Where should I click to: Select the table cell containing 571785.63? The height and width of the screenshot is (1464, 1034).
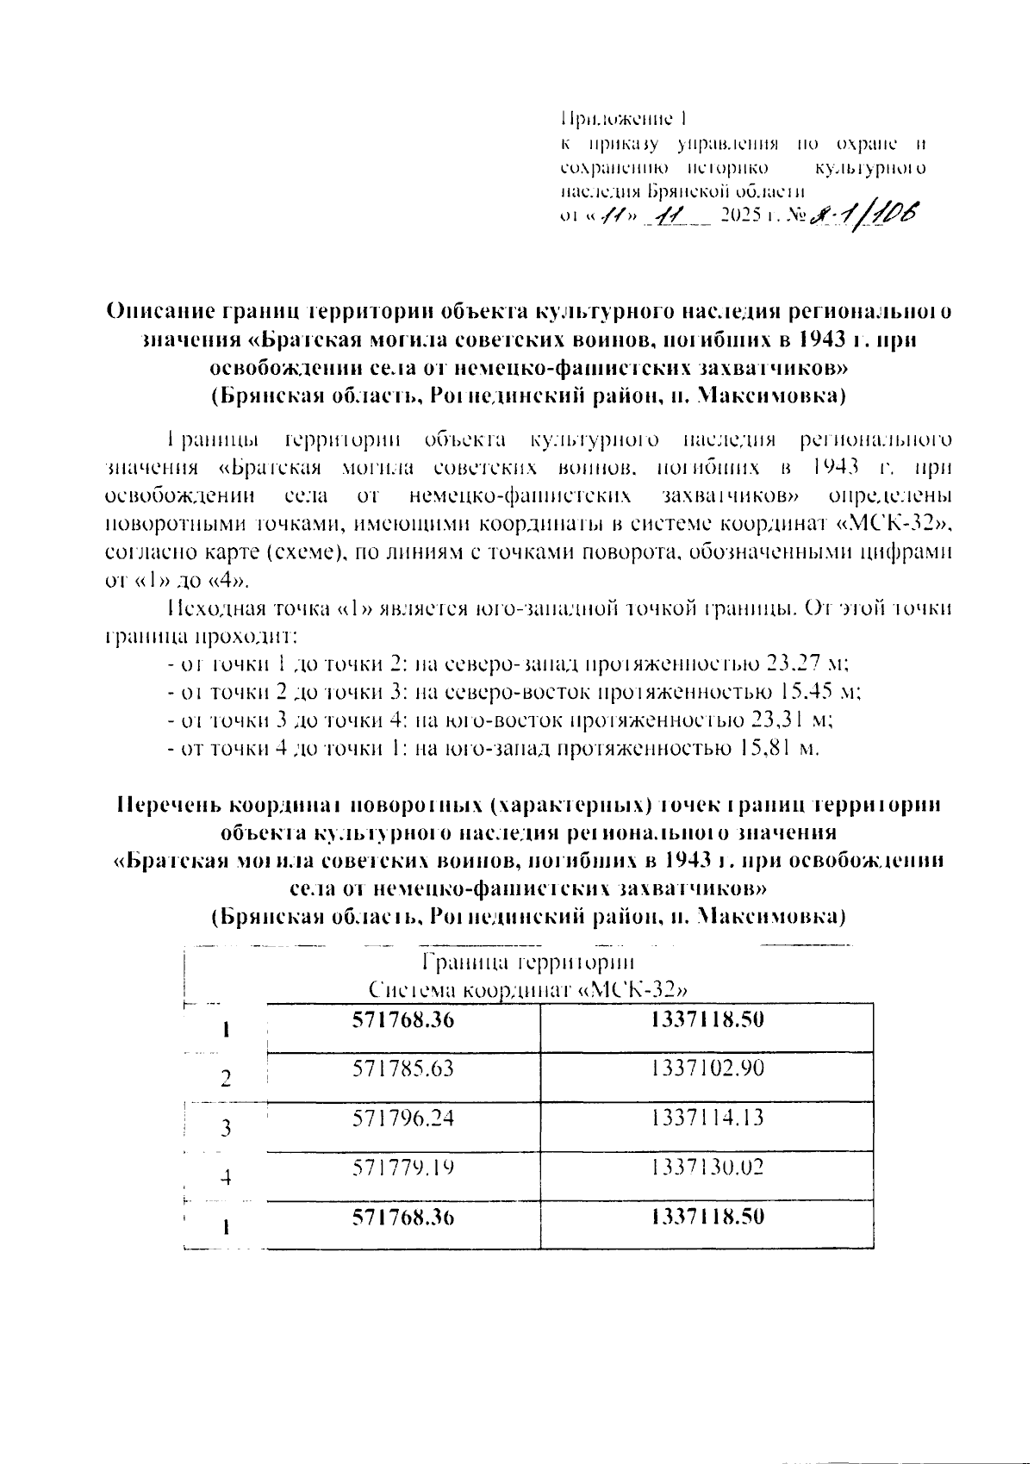(x=403, y=1069)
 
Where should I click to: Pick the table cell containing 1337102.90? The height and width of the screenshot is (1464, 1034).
(x=707, y=1069)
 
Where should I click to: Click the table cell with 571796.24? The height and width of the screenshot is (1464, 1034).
(x=403, y=1118)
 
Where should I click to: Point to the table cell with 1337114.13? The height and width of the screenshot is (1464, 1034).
(x=707, y=1118)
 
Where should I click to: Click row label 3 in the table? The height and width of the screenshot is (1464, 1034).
(x=226, y=1128)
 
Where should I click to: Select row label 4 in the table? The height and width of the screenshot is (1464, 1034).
(x=226, y=1177)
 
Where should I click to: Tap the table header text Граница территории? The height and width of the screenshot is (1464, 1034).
(x=527, y=963)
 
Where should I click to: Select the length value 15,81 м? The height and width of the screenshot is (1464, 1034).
(x=777, y=748)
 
